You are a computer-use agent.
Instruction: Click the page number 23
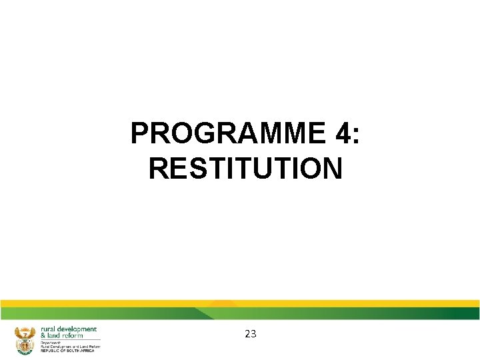coord(251,334)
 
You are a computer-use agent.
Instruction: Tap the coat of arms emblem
coord(24,339)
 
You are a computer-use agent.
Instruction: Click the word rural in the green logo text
coord(49,329)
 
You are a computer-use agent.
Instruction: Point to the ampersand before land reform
coord(43,335)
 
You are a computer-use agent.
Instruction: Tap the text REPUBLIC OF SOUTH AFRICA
coord(67,350)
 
